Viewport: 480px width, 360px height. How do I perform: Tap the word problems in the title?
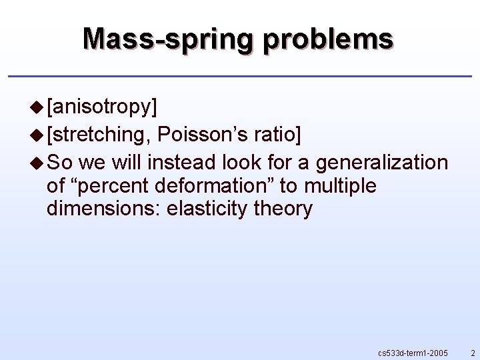pyautogui.click(x=329, y=39)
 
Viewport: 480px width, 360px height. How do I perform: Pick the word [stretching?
pyautogui.click(x=99, y=135)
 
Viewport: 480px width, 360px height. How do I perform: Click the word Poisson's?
pyautogui.click(x=202, y=135)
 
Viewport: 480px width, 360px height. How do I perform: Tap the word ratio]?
pyautogui.click(x=277, y=135)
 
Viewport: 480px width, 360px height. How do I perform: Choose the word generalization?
pyautogui.click(x=382, y=162)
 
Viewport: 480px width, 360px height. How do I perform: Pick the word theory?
pyautogui.click(x=283, y=209)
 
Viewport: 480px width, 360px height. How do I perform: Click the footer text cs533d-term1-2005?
pyautogui.click(x=413, y=351)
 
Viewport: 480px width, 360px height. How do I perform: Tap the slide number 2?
pyautogui.click(x=473, y=351)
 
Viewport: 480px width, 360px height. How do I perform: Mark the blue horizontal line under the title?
pyautogui.click(x=240, y=77)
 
